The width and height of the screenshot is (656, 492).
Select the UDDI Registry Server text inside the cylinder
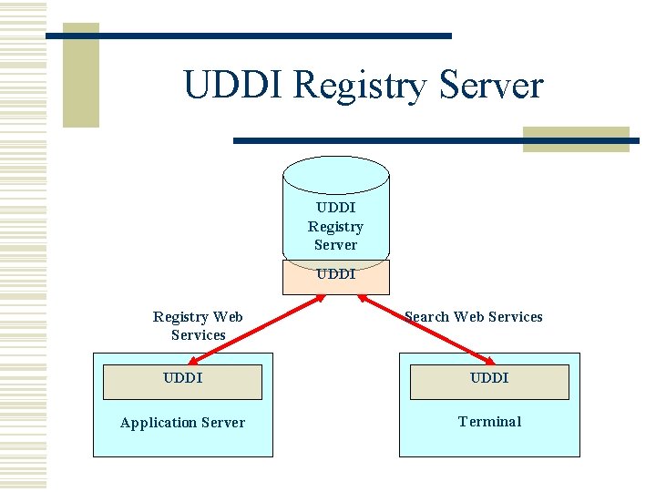pyautogui.click(x=335, y=226)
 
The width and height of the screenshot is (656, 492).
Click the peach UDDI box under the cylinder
pyautogui.click(x=335, y=277)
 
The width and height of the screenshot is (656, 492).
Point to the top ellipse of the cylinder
pyautogui.click(x=335, y=174)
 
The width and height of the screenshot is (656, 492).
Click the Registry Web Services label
pyautogui.click(x=198, y=325)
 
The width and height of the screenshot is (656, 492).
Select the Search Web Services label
pyautogui.click(x=474, y=317)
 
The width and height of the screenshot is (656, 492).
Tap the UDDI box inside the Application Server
pyautogui.click(x=182, y=382)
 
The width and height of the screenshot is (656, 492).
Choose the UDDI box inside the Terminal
pyautogui.click(x=489, y=382)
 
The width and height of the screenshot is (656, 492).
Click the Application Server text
pyautogui.click(x=182, y=423)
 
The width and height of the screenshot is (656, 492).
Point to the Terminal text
pyautogui.click(x=489, y=422)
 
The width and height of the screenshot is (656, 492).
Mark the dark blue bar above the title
pyautogui.click(x=248, y=36)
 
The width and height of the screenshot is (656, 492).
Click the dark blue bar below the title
pyautogui.click(x=436, y=141)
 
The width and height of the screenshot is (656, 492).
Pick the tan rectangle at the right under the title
pyautogui.click(x=576, y=139)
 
